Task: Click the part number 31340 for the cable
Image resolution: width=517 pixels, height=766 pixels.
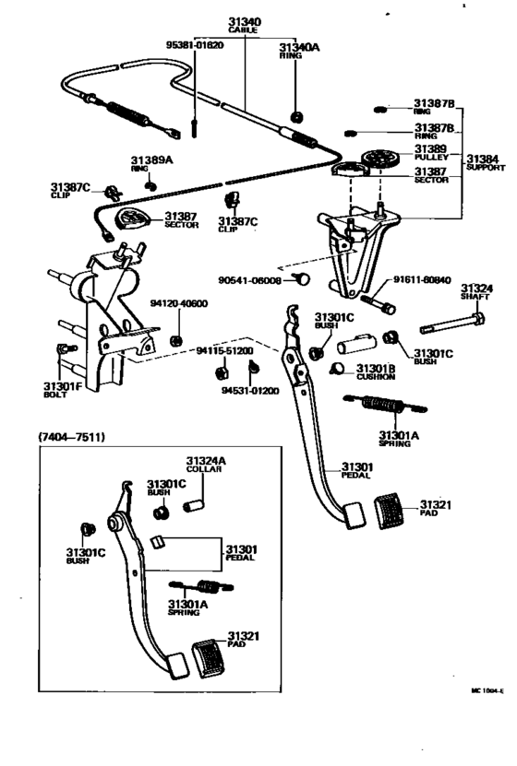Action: (x=245, y=22)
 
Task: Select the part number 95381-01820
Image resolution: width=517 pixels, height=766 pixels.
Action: (x=195, y=46)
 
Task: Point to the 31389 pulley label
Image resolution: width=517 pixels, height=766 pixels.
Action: (x=430, y=149)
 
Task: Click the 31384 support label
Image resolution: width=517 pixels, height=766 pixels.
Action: (x=486, y=159)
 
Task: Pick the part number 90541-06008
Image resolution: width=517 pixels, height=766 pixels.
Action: (x=249, y=280)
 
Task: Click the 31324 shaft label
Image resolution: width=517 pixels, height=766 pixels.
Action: (x=476, y=289)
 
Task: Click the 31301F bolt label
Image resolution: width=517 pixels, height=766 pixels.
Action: (x=63, y=385)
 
